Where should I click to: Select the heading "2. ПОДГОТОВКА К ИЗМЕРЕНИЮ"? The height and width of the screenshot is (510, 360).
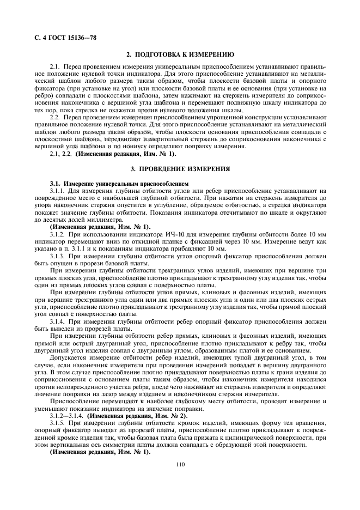180,56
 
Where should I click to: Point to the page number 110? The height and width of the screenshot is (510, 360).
180,464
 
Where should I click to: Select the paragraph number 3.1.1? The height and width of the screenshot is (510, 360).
59,191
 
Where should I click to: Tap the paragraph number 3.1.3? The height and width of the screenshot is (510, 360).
59,256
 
